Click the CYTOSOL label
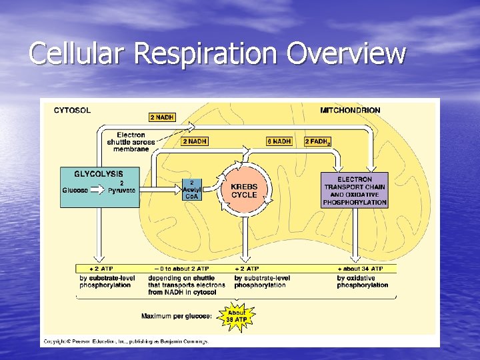pyautogui.click(x=73, y=110)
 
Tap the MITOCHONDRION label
pyautogui.click(x=350, y=110)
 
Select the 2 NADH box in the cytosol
pyautogui.click(x=161, y=117)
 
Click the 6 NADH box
pyautogui.click(x=279, y=141)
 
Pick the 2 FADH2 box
pyautogui.click(x=317, y=141)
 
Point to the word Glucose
pyautogui.click(x=75, y=190)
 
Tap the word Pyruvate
pyautogui.click(x=121, y=190)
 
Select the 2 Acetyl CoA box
pyautogui.click(x=191, y=189)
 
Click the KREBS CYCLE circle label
pyautogui.click(x=244, y=191)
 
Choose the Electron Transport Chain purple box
pyautogui.click(x=355, y=191)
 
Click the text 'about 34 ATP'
pyautogui.click(x=363, y=268)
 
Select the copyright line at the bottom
pyautogui.click(x=126, y=341)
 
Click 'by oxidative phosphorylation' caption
pyautogui.click(x=362, y=281)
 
